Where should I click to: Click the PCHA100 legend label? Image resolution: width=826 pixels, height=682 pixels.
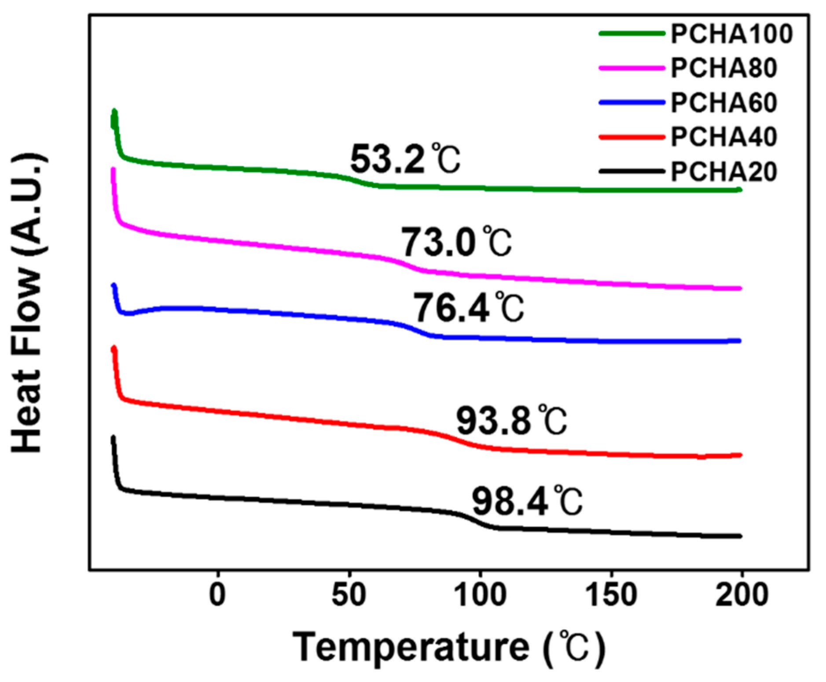pos(731,34)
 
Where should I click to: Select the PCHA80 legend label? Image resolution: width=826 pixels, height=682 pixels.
pos(723,68)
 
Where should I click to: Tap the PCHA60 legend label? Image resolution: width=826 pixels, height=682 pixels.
pos(723,103)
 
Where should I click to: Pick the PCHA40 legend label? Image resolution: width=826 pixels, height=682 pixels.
pos(723,137)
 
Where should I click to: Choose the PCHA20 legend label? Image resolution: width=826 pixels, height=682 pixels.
pos(723,172)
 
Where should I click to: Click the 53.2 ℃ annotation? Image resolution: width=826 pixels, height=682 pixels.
pos(405,159)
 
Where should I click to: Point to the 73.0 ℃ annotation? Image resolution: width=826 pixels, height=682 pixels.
pos(456,242)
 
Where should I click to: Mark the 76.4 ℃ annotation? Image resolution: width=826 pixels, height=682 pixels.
pos(468,308)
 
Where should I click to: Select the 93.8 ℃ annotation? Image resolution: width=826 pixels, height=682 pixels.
pos(511,421)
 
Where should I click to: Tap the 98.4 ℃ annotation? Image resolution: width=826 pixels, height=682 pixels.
pos(527,502)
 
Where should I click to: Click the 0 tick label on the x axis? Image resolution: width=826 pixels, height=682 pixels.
pos(218,595)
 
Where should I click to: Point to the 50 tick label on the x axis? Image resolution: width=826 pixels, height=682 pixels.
pos(349,595)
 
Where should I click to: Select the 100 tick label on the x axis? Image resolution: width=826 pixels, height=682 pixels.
pos(480,595)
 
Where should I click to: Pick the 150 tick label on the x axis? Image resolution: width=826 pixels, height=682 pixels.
pos(611,595)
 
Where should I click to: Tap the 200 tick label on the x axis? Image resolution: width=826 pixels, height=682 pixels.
pos(742,595)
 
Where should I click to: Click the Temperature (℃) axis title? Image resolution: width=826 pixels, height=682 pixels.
pos(449,647)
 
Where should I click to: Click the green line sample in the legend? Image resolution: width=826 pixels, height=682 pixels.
pos(631,33)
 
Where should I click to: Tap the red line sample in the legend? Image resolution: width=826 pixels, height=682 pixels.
pos(631,137)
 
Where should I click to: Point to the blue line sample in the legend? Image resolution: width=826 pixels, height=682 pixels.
pos(631,103)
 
